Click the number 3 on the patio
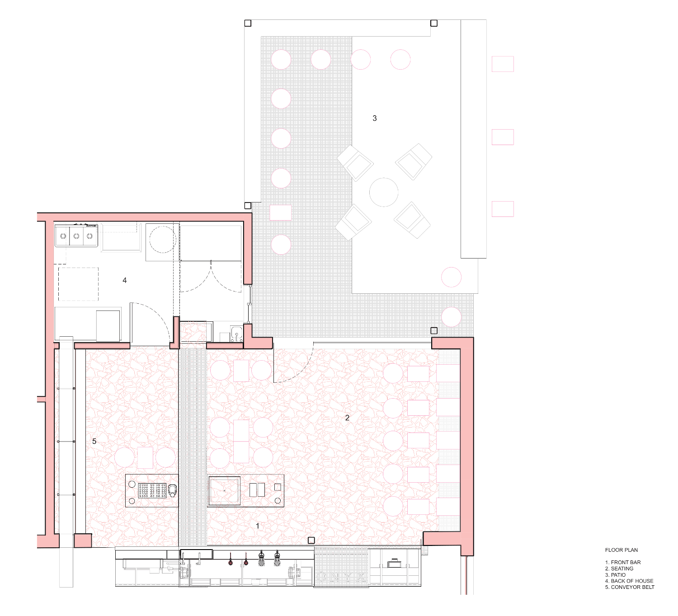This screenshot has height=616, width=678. coord(375,118)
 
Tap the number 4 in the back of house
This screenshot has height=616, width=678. coord(124,280)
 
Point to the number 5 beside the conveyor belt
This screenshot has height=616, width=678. coord(94,441)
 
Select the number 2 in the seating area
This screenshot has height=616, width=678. coord(347,418)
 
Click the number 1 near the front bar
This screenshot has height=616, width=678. coord(258,526)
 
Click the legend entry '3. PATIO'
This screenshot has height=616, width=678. coord(615,575)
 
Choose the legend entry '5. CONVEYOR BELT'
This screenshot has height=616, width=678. coord(630,587)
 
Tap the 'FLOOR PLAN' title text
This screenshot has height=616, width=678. coord(621,550)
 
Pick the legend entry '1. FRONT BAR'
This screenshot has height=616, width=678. coord(623,562)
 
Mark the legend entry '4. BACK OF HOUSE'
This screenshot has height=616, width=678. coord(629,581)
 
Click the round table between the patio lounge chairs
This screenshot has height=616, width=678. coord(384,192)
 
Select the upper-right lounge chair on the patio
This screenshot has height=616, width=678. coord(414,162)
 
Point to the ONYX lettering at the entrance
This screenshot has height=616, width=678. coord(341,577)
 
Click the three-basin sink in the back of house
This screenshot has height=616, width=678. coord(76,235)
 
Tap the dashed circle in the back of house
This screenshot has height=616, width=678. coord(163,240)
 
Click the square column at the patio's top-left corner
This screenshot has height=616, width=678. coord(248,23)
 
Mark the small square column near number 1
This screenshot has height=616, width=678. coord(311,540)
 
